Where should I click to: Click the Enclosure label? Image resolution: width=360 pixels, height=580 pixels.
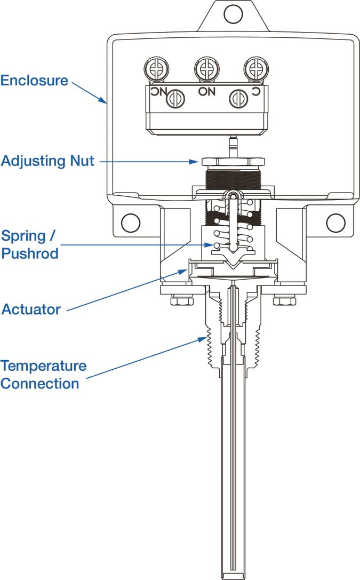pos(34,81)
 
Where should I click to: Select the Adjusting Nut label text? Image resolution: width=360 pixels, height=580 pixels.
pos(47,161)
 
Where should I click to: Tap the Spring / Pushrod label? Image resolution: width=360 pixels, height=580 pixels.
pos(29,244)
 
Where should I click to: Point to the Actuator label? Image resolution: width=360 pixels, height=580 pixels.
pos(31,309)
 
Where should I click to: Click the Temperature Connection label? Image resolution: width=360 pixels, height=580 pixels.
pos(43,375)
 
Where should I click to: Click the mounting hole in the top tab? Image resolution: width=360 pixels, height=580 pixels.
pos(233,14)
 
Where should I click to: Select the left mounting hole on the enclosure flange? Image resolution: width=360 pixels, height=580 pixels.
pos(131,223)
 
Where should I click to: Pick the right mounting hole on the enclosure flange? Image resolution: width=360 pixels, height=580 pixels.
pos(335,223)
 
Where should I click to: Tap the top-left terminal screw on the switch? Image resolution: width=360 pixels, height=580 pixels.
pos(155,69)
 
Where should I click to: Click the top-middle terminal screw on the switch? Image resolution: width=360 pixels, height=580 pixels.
pos(206,68)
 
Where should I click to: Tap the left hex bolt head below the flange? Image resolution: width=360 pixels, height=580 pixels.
pos(182,301)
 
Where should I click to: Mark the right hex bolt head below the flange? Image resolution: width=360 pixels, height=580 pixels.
pos(284,301)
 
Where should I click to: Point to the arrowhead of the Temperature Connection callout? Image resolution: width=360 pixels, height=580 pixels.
pos(205,338)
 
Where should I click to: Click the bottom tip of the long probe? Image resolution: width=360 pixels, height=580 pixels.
pos(233,576)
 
